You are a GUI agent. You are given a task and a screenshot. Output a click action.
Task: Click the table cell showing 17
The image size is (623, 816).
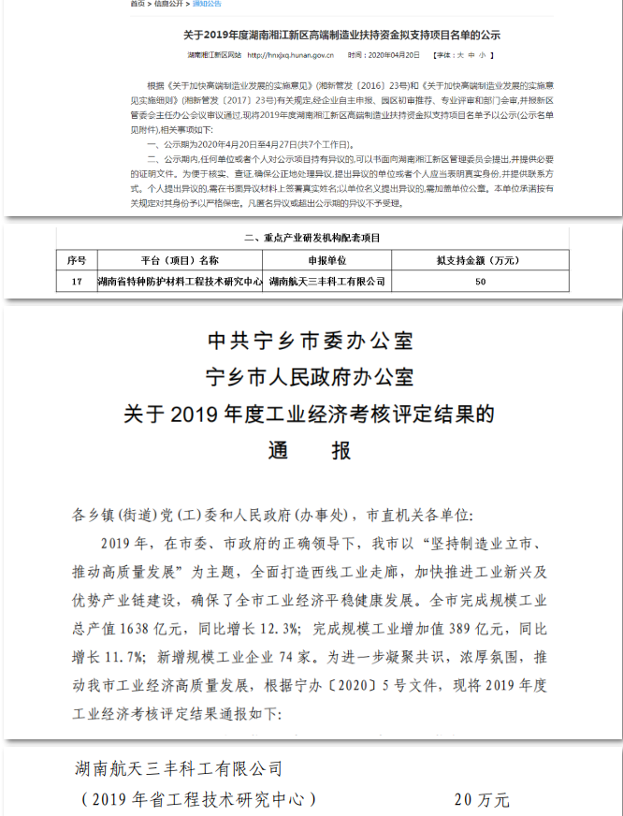(77, 280)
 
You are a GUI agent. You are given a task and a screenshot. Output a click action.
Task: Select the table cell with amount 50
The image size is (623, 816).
(479, 280)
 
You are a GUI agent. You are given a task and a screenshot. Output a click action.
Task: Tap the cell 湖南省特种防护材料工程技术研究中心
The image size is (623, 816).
(180, 280)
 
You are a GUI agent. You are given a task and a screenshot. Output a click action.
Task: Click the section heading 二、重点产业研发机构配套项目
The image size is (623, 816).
(311, 239)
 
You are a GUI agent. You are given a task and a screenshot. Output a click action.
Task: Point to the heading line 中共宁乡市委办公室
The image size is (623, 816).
(310, 340)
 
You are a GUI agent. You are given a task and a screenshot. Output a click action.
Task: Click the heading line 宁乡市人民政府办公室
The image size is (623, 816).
(310, 377)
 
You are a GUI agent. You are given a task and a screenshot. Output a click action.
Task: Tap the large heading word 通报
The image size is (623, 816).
(310, 450)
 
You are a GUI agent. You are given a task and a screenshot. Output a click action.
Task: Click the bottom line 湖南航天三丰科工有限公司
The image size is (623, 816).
(178, 769)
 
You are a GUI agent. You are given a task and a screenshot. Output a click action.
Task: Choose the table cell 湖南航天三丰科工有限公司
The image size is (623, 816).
(326, 280)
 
